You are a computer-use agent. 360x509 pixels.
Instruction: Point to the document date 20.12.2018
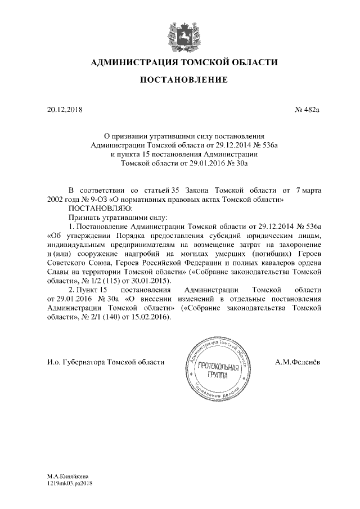click(65, 109)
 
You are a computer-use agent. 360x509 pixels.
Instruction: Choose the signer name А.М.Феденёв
click(298, 362)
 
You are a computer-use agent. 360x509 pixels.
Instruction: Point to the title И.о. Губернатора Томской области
click(106, 362)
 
